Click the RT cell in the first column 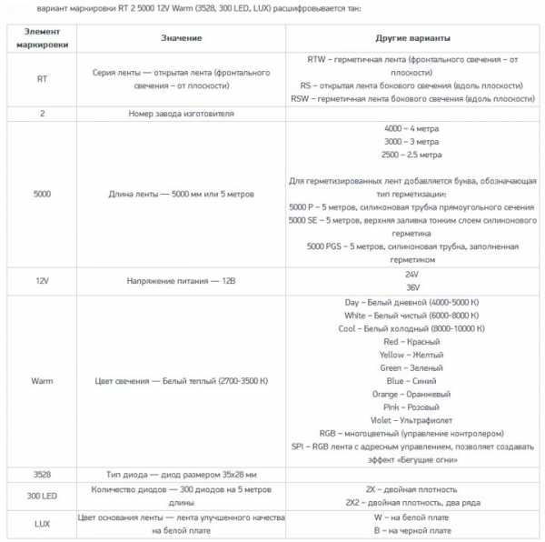43,78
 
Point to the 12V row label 43,281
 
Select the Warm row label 43,381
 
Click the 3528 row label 43,474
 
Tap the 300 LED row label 43,496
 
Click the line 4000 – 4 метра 414,128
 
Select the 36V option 414,287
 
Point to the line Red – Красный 414,342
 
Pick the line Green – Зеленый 414,368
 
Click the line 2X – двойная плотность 414,489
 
